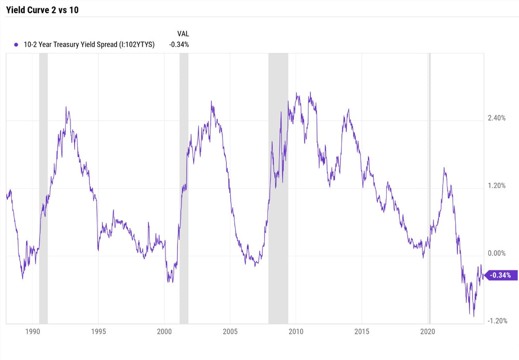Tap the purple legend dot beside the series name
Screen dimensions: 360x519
[18, 45]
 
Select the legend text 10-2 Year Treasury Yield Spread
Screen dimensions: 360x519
[89, 45]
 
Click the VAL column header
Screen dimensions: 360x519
[183, 34]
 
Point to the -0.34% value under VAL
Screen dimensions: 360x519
[179, 45]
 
